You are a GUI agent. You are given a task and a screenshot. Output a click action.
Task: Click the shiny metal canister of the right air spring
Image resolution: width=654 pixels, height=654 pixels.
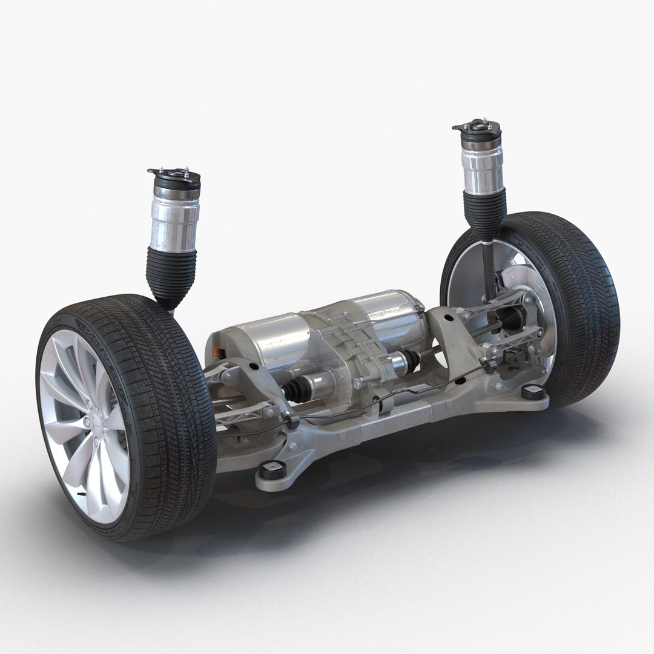click(483, 163)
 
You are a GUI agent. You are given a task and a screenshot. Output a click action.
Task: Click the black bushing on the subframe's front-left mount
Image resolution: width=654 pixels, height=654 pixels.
click(272, 469)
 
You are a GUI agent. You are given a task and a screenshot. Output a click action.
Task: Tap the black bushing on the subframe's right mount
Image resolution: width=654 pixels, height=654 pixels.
click(533, 391)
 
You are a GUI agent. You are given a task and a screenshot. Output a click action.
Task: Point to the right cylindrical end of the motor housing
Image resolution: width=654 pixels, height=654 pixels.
click(394, 315)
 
